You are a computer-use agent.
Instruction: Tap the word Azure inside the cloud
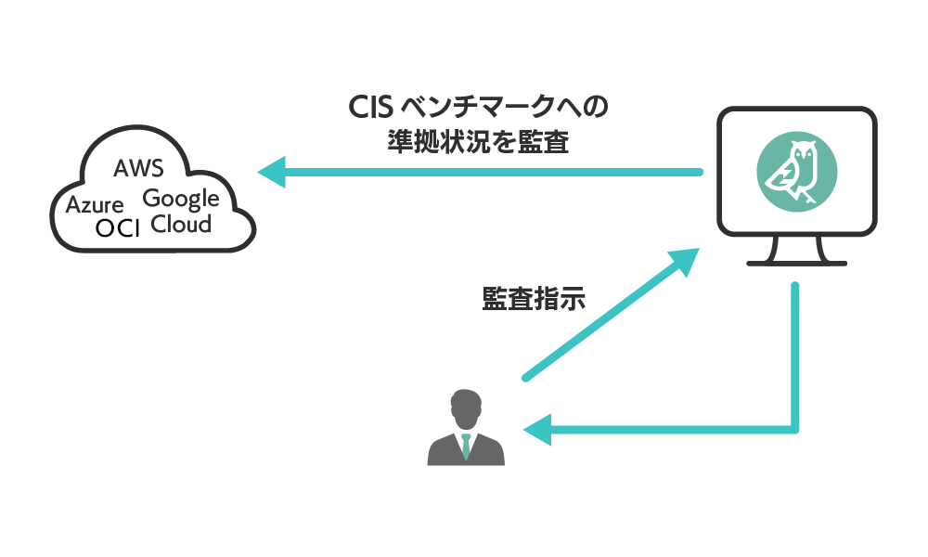click(95, 204)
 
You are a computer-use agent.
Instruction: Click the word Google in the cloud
click(181, 198)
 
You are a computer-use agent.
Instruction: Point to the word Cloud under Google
click(181, 224)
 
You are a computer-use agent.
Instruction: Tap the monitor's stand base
click(797, 263)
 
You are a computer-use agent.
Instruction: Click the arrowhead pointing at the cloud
click(271, 172)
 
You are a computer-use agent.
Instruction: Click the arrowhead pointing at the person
click(537, 430)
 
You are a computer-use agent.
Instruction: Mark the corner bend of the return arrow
click(795, 429)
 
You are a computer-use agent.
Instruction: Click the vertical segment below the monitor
click(795, 353)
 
